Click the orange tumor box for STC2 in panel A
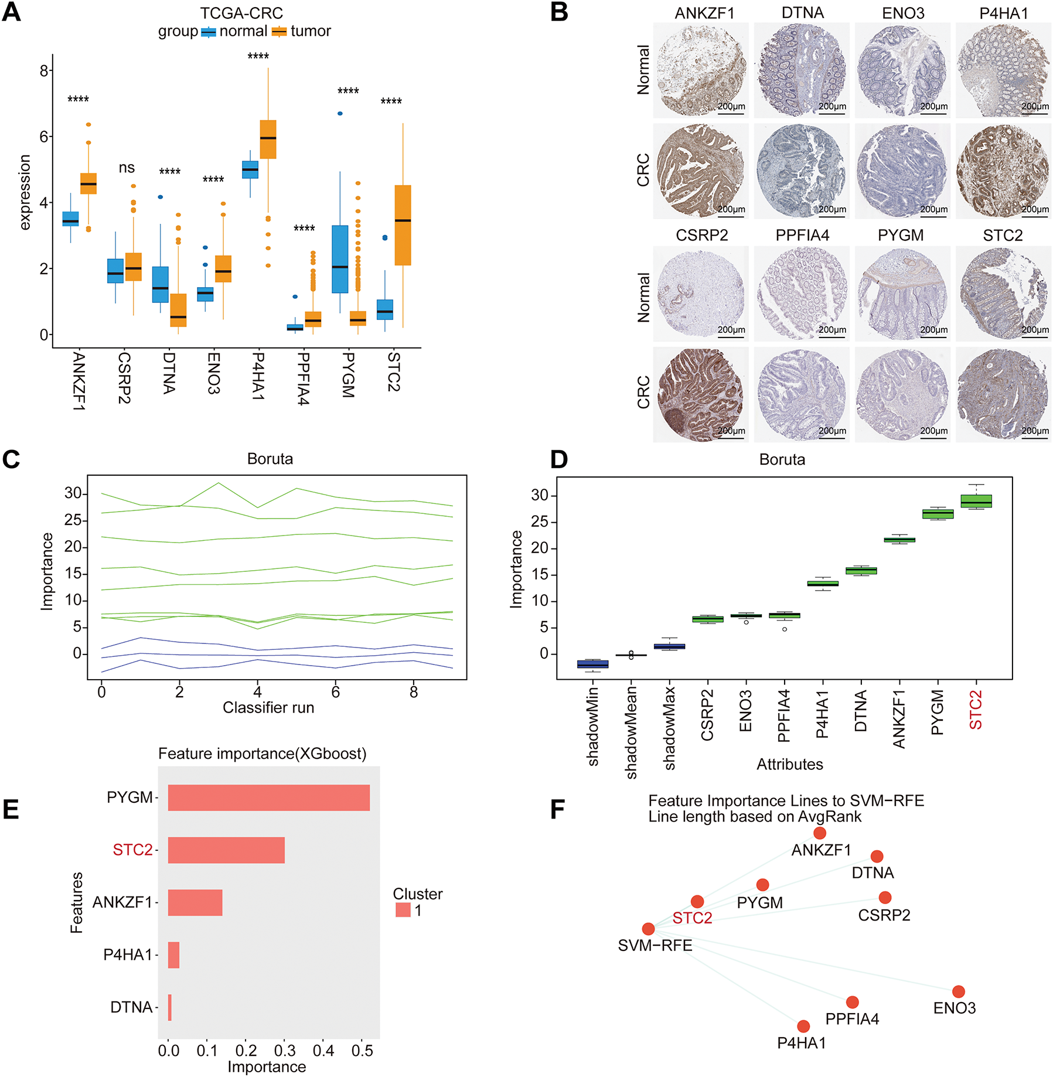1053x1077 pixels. (403, 226)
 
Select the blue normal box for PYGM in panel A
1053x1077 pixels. (340, 259)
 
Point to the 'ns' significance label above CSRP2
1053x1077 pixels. (127, 168)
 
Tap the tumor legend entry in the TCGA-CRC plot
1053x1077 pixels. (302, 32)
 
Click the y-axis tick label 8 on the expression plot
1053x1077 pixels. (44, 71)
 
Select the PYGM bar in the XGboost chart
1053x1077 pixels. (268, 797)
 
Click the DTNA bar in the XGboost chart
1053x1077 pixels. (169, 1007)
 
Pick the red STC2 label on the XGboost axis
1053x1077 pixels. (132, 850)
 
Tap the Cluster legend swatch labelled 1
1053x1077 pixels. (403, 909)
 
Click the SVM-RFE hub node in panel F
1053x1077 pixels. (648, 929)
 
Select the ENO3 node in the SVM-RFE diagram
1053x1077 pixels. (958, 991)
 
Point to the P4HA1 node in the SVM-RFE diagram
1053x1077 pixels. (803, 1026)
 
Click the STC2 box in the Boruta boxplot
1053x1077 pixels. (976, 502)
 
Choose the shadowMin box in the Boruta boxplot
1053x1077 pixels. (592, 664)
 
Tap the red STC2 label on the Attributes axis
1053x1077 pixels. (976, 710)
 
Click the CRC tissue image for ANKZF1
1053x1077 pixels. (701, 171)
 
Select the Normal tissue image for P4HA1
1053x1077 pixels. (1003, 70)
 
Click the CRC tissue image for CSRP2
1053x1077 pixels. (701, 394)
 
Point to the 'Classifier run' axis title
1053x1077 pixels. (268, 708)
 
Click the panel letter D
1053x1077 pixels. (559, 459)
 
